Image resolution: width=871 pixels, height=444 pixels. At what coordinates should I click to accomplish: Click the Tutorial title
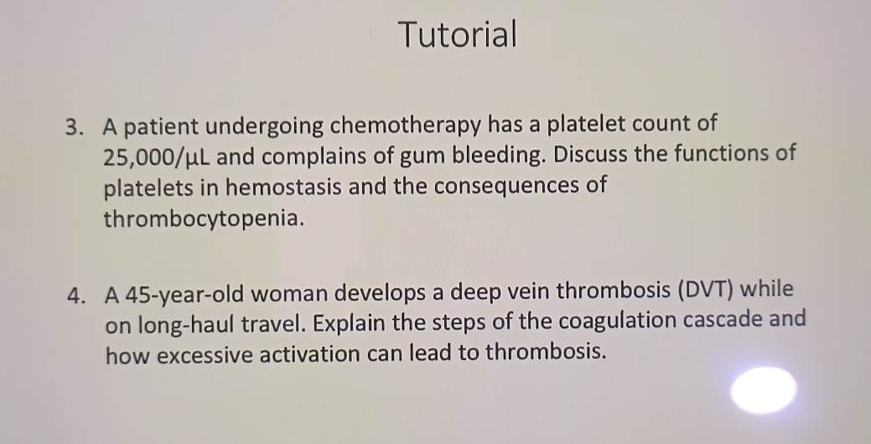pos(458,34)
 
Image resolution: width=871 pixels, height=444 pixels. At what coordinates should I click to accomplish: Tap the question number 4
pos(77,293)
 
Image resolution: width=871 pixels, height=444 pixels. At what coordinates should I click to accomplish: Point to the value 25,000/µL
pos(156,157)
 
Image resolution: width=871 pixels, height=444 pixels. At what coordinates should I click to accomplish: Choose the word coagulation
pos(617,322)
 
